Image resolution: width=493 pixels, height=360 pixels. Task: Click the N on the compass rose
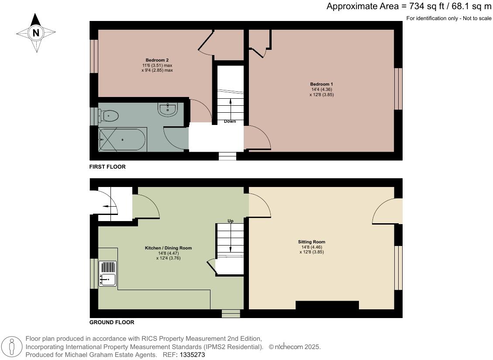pyautogui.click(x=36, y=32)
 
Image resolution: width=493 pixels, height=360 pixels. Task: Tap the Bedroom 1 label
pyautogui.click(x=321, y=84)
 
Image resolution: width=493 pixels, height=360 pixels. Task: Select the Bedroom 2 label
pyautogui.click(x=157, y=60)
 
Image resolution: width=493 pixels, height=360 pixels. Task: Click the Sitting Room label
pyautogui.click(x=311, y=242)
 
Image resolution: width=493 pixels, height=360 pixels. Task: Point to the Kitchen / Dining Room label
pyautogui.click(x=168, y=248)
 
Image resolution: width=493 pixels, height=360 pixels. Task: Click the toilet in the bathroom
pyautogui.click(x=109, y=116)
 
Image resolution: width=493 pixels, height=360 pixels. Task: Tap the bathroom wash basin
pyautogui.click(x=168, y=109)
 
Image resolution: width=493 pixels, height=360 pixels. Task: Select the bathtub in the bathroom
pyautogui.click(x=122, y=140)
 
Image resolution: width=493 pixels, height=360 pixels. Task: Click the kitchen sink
pyautogui.click(x=107, y=273)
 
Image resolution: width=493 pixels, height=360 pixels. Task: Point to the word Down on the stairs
pyautogui.click(x=230, y=121)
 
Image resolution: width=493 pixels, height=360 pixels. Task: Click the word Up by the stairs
pyautogui.click(x=230, y=221)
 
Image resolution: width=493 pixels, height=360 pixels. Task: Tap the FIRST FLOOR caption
pyautogui.click(x=107, y=167)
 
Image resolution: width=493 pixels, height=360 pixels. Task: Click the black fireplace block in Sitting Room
pyautogui.click(x=327, y=305)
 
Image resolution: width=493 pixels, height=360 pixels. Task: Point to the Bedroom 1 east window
pyautogui.click(x=398, y=89)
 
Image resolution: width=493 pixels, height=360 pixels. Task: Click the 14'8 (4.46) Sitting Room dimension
pyautogui.click(x=311, y=247)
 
